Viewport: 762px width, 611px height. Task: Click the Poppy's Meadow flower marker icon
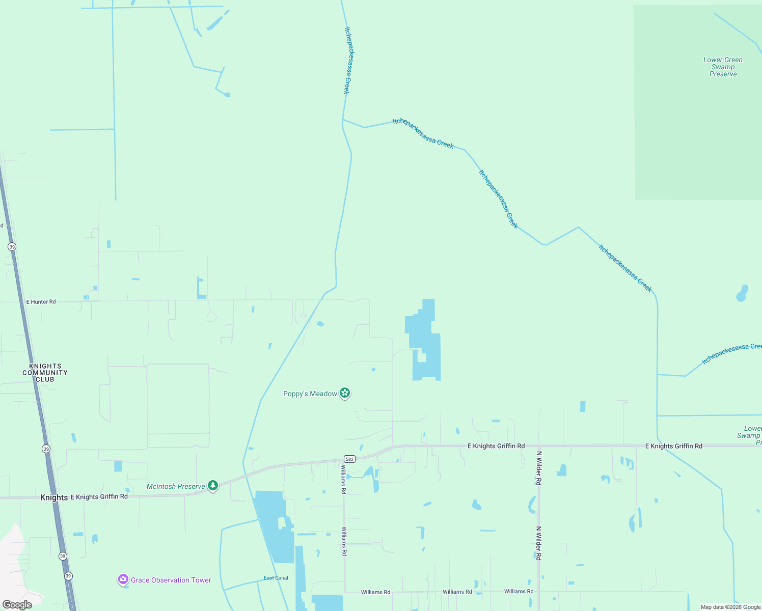click(345, 393)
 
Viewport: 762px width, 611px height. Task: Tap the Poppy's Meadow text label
click(310, 394)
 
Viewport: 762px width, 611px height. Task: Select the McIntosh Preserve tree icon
click(213, 485)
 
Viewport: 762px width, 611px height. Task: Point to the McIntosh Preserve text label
click(176, 486)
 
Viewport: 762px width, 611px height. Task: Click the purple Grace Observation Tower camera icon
click(123, 579)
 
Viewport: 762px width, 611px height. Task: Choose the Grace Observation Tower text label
click(171, 580)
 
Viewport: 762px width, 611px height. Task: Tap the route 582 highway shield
click(349, 459)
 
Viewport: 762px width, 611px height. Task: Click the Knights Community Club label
click(45, 373)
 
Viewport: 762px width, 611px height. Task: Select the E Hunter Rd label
click(41, 302)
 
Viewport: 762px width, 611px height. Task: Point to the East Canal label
click(276, 578)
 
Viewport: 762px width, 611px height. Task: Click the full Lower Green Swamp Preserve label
click(723, 67)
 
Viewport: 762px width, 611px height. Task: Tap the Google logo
click(17, 604)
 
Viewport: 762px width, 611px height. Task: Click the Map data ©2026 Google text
click(730, 607)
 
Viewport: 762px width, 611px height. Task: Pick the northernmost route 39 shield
click(12, 246)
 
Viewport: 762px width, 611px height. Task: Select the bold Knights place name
click(54, 497)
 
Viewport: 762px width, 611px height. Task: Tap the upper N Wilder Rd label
click(539, 467)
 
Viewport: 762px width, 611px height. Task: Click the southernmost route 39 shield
click(68, 576)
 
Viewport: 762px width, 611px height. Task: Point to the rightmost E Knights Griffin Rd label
click(673, 446)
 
